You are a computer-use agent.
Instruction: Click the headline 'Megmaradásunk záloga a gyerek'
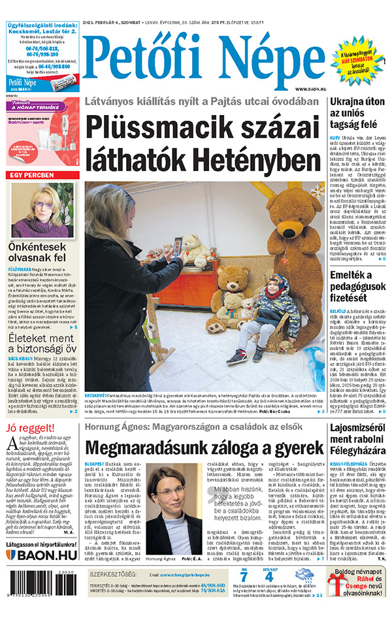pos(204,448)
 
